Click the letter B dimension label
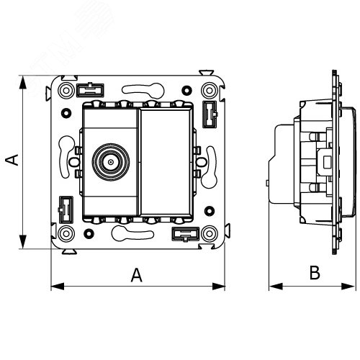click(315, 272)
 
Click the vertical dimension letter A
click(12, 160)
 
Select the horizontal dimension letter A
click(136, 275)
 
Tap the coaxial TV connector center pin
click(111, 162)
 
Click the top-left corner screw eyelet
click(66, 91)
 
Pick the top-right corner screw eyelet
click(210, 91)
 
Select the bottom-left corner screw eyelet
click(66, 233)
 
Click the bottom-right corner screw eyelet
click(210, 233)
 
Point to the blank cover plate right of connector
click(166, 162)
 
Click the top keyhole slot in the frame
click(143, 91)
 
